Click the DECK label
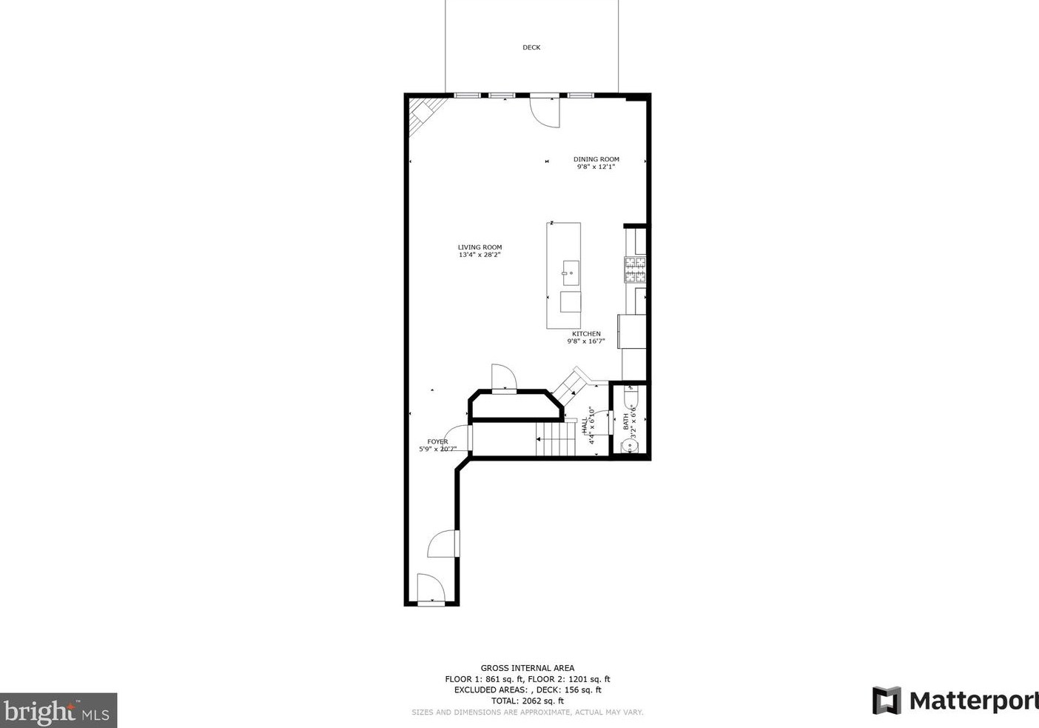pos(531,47)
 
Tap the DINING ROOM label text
pos(596,159)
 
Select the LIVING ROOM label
pos(480,247)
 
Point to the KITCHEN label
pos(586,334)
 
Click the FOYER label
pos(437,442)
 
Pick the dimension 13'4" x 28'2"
pos(480,256)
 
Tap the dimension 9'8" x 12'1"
pos(596,167)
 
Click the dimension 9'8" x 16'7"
pos(586,342)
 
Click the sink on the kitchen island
pos(571,273)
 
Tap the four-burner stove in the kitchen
pos(635,270)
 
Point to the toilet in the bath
pos(630,400)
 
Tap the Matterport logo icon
pos(887,701)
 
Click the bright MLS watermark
pos(58,711)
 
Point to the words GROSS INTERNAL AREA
pos(527,668)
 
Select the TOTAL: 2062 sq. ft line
pos(527,701)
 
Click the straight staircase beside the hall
pos(557,438)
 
